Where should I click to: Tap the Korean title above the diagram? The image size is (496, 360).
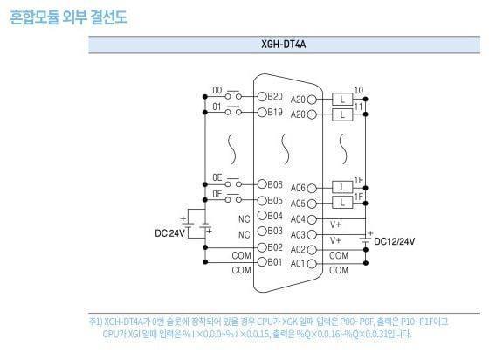[69, 17]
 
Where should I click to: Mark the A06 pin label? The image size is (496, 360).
[299, 188]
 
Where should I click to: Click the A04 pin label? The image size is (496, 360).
[299, 219]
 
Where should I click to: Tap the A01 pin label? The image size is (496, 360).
[299, 263]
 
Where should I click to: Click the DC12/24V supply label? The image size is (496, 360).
[395, 241]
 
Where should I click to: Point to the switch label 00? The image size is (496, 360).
[217, 90]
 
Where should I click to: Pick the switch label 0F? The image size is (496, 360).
[217, 193]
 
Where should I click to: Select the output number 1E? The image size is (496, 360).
[358, 179]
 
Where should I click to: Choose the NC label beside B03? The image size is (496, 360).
[244, 232]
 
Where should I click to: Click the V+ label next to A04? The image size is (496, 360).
[336, 225]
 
